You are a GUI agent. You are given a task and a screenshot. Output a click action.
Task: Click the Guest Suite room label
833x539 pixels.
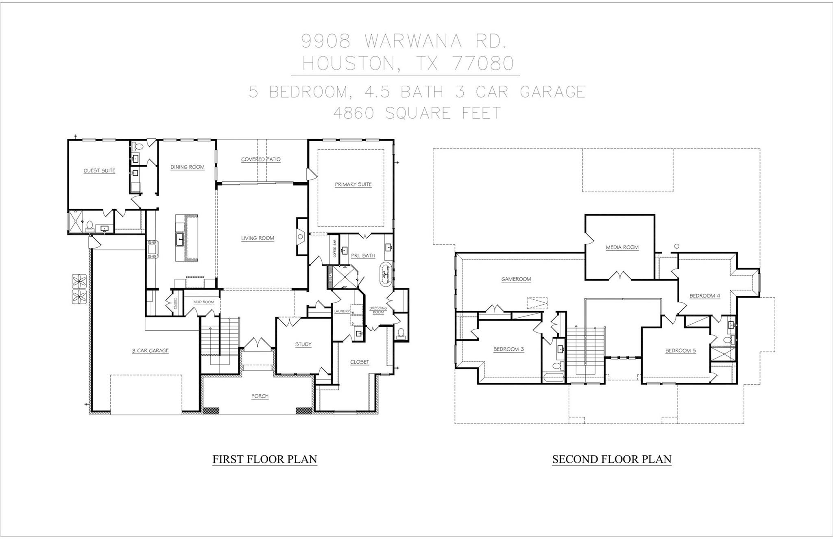(99, 170)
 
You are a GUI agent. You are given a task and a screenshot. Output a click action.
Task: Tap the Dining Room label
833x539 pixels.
(187, 167)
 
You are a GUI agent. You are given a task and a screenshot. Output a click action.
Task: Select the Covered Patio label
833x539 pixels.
(261, 159)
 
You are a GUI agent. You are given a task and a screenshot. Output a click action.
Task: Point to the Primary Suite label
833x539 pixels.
(353, 184)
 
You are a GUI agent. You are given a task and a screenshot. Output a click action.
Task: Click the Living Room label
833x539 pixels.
(257, 238)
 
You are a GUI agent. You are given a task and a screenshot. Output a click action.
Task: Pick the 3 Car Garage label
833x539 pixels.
(150, 350)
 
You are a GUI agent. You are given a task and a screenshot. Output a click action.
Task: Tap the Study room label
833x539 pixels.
(303, 344)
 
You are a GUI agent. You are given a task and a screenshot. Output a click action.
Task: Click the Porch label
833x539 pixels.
(259, 396)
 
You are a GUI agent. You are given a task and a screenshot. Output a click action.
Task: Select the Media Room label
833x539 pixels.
(622, 247)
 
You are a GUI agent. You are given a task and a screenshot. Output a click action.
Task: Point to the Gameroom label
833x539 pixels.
(516, 279)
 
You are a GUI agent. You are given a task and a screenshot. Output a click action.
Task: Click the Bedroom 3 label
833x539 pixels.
(508, 349)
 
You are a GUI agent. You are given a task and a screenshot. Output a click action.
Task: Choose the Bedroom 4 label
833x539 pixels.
(704, 296)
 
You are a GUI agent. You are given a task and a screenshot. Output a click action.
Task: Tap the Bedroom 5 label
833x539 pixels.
(680, 350)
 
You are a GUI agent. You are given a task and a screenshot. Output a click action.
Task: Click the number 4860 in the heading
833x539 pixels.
(353, 113)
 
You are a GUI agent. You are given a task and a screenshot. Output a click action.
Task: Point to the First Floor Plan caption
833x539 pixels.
(264, 459)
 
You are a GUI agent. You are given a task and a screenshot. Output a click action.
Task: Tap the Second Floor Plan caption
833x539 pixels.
(611, 459)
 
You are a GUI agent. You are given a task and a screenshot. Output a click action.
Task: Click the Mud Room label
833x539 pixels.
(203, 302)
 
